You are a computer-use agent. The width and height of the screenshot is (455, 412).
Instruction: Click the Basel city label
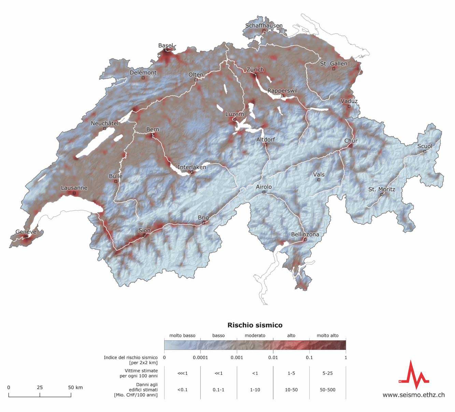tap(166, 46)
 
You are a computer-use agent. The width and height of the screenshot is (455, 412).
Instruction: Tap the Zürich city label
tap(255, 70)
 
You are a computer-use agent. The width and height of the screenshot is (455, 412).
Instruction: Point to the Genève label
tap(26, 232)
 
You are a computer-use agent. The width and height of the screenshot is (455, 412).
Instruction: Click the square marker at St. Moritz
tap(382, 195)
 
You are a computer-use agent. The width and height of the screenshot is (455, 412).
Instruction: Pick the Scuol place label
tap(425, 146)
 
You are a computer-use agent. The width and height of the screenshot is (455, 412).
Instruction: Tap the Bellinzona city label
tap(305, 235)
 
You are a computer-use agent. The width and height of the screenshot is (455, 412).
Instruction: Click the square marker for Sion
tap(144, 236)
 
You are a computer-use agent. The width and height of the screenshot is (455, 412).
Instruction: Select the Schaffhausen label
tap(264, 26)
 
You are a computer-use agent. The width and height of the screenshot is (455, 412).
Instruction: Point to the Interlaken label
tap(192, 167)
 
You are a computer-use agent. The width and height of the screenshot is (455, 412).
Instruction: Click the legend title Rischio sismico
tap(255, 325)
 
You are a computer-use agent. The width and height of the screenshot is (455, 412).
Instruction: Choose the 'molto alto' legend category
tap(327, 336)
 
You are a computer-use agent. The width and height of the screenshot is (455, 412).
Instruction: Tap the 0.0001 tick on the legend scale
tap(200, 357)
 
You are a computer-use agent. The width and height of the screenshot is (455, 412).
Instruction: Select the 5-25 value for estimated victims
tap(327, 373)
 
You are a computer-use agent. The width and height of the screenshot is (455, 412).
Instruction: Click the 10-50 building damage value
tap(291, 390)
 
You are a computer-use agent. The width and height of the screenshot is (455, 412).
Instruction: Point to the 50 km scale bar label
tap(75, 387)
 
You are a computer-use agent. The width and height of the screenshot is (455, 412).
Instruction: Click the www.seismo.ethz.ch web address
tap(413, 395)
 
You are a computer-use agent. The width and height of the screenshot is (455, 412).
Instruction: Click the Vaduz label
tap(349, 101)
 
